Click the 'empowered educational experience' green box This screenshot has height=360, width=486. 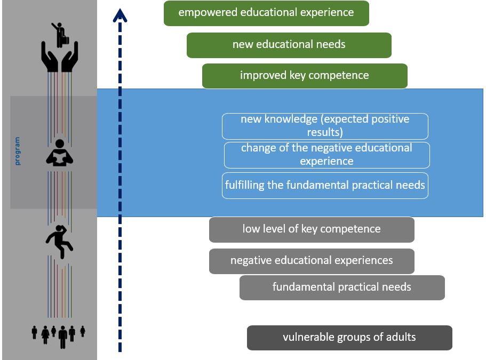(x=266, y=13)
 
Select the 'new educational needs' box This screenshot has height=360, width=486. (x=289, y=45)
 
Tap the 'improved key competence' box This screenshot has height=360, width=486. (x=305, y=76)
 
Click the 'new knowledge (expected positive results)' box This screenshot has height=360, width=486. (x=325, y=126)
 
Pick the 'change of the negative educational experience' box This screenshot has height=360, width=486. (x=326, y=155)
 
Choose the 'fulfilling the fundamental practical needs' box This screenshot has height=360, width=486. (x=325, y=186)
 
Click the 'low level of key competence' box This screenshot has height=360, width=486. (x=312, y=229)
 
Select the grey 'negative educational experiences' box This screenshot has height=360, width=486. (x=312, y=261)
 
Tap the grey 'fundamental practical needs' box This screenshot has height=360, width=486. (x=342, y=287)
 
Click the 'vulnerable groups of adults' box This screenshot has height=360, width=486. (x=349, y=338)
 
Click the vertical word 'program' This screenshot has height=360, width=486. (x=18, y=151)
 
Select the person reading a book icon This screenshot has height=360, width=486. (x=60, y=154)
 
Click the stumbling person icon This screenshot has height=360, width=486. (x=60, y=242)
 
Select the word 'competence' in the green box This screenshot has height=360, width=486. (x=342, y=76)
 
